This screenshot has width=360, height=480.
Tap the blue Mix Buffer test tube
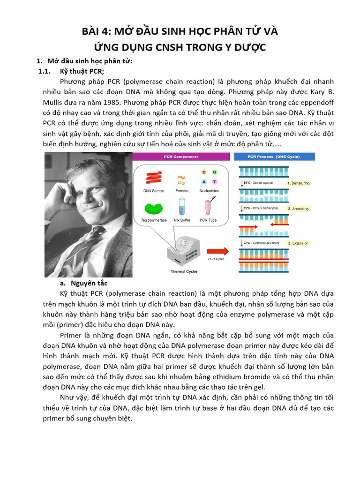point(181,206)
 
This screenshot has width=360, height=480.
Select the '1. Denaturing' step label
point(298,183)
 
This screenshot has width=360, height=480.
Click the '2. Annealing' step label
point(298,209)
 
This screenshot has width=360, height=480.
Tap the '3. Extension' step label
point(298,243)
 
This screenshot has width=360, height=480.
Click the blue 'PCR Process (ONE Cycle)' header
point(275,157)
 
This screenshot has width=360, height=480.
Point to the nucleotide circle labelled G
point(214,172)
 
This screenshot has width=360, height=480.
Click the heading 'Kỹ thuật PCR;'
point(82,71)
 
